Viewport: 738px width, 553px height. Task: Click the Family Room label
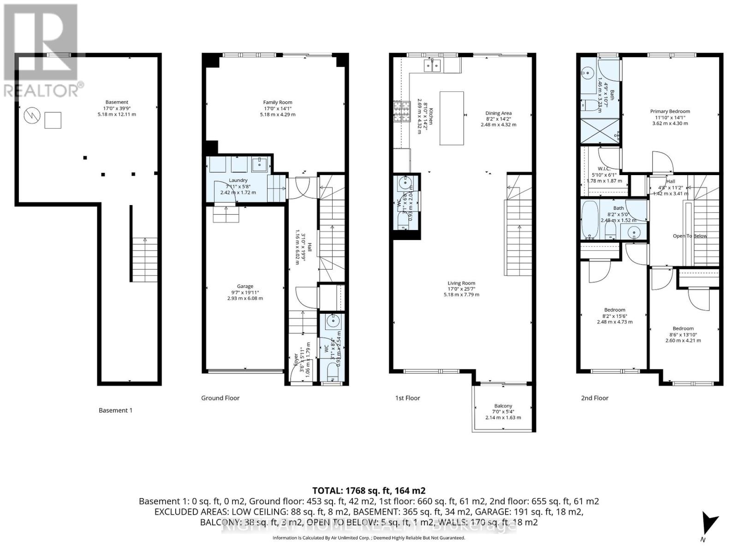(x=278, y=102)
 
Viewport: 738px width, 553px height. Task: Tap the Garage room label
(x=245, y=286)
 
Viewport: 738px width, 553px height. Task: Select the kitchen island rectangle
(x=452, y=118)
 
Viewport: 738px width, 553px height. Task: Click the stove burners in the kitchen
(x=401, y=112)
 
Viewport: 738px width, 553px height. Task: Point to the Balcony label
(x=503, y=406)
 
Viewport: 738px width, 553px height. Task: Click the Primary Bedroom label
(x=670, y=111)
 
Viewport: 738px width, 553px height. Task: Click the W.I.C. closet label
(x=604, y=168)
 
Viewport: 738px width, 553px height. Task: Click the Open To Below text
(x=690, y=236)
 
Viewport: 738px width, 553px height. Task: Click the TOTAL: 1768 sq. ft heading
(x=369, y=490)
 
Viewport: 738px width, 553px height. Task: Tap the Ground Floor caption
(x=220, y=398)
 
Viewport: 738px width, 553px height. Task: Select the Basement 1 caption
(x=115, y=410)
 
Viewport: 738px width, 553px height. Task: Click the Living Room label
(x=461, y=283)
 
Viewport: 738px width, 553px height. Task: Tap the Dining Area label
(x=498, y=113)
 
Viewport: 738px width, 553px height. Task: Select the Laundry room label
(x=238, y=180)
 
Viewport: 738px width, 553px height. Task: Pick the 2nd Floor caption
(x=595, y=398)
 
